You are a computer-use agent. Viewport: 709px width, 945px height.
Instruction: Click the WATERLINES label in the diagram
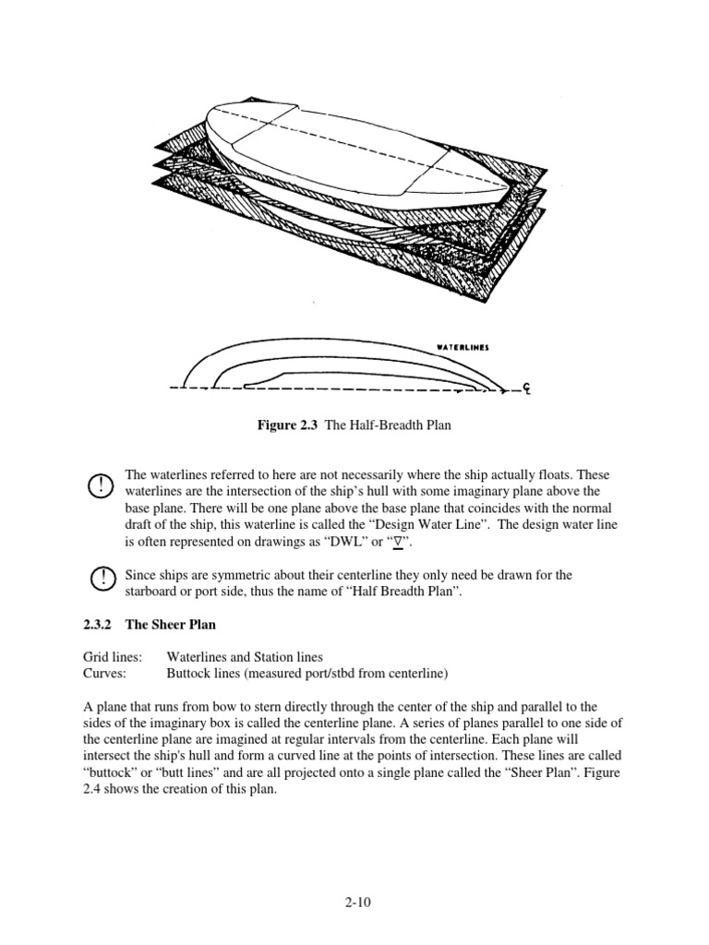coord(463,349)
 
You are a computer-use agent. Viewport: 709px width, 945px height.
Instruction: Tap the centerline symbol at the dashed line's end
coord(523,390)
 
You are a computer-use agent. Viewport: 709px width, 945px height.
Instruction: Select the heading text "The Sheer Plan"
coord(170,625)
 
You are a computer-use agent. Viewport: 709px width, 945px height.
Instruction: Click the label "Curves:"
coord(97,673)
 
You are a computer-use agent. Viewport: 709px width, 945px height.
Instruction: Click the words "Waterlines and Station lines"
coord(245,657)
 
